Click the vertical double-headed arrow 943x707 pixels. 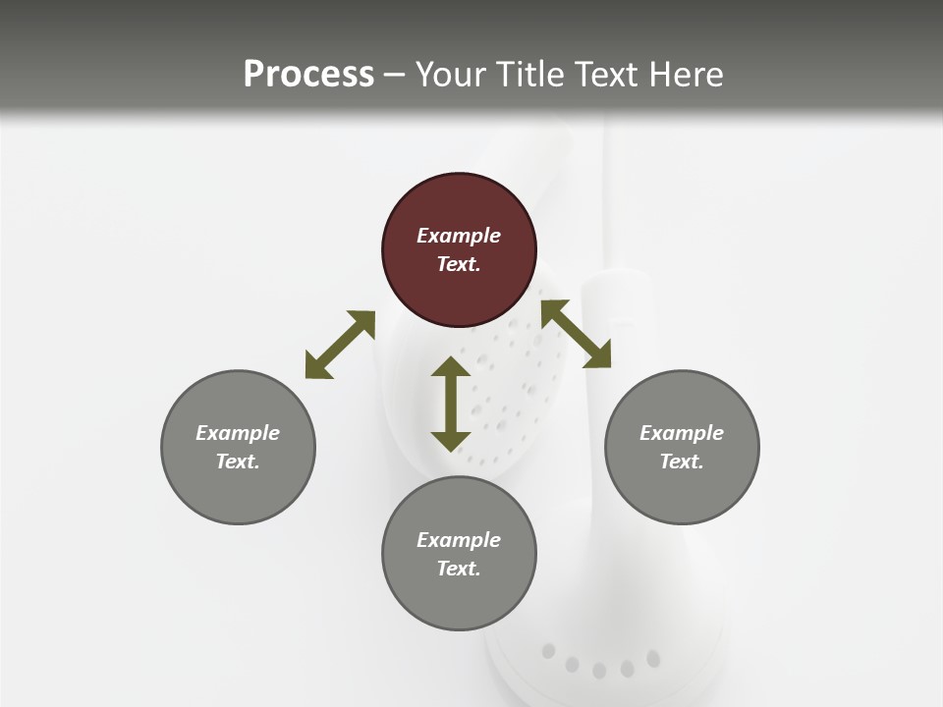coord(451,404)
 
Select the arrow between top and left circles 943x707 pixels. coord(340,345)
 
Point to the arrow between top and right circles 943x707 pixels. coord(577,334)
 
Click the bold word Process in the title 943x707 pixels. coord(308,74)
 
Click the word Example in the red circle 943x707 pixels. coord(459,236)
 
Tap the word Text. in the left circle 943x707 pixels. coord(238,462)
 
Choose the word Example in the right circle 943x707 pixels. coord(682,433)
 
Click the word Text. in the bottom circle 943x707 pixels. coord(459,569)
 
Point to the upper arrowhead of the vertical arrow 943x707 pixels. coord(451,367)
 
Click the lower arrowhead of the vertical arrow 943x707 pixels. coord(451,440)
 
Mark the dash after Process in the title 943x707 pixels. coord(395,74)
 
